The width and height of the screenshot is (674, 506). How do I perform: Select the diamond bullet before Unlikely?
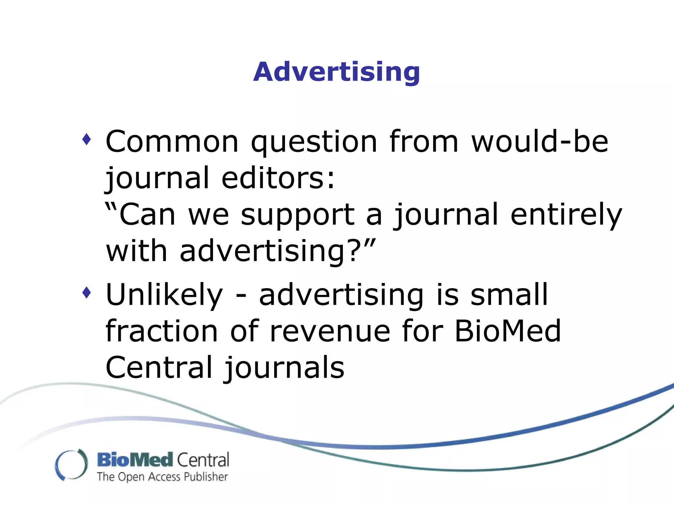[87, 292]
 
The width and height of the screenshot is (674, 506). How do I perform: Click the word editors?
[277, 178]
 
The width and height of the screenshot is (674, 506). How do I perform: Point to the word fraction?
[162, 331]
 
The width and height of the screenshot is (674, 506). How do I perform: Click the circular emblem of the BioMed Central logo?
[71, 464]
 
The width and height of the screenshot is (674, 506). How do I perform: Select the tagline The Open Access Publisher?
[162, 477]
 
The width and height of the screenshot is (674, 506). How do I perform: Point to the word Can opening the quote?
[147, 215]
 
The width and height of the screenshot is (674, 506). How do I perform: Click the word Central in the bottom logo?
[203, 460]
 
